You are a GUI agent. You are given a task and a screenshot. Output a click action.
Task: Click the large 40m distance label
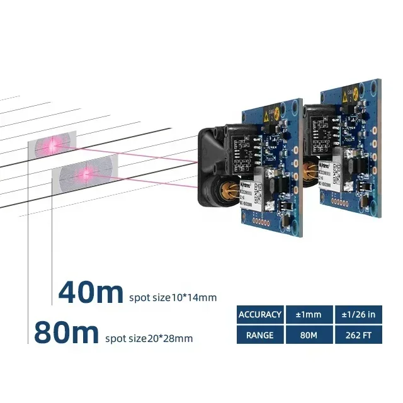91,293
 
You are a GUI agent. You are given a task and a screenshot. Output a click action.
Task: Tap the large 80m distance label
66,333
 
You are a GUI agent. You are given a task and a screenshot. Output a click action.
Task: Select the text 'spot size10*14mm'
173,297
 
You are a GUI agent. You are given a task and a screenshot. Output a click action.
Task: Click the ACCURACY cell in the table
260,314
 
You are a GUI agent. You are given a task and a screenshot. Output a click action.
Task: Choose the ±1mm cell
309,314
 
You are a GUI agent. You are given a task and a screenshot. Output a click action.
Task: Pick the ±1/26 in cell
358,314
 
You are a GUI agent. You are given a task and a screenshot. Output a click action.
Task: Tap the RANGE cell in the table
260,335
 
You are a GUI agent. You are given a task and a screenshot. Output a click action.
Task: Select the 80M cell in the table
309,335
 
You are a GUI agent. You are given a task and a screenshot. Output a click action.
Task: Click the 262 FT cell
358,335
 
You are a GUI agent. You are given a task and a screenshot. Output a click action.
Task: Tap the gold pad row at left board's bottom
261,222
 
